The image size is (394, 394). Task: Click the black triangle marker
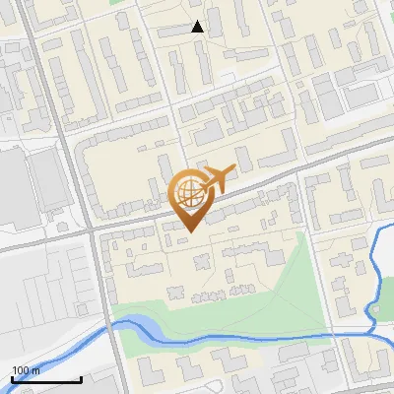click(x=198, y=27)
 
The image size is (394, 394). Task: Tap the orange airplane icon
click(x=218, y=178)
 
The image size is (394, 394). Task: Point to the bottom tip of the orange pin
click(x=191, y=232)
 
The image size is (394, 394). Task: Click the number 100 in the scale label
click(x=21, y=370)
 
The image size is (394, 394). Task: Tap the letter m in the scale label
click(x=35, y=370)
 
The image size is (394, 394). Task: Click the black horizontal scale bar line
click(x=46, y=379)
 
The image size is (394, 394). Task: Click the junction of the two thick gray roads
click(x=90, y=230)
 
